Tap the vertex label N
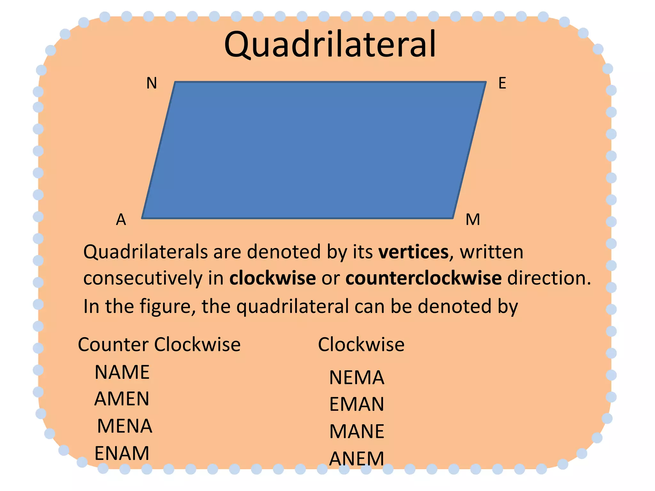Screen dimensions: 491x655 [x=152, y=83]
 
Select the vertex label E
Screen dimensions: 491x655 [x=502, y=83]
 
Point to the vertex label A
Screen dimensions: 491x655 [x=121, y=220]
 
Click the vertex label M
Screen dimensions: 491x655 [x=473, y=220]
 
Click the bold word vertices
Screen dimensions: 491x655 [x=414, y=252]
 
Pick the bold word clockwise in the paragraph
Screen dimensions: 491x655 [x=272, y=278]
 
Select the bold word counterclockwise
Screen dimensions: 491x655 [x=423, y=278]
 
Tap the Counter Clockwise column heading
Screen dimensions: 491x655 [x=159, y=345]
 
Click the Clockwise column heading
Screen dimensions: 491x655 [x=361, y=345]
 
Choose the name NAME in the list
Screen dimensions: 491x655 [x=122, y=372]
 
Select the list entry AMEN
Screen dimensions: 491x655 [x=122, y=399]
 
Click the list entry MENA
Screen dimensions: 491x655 [x=125, y=426]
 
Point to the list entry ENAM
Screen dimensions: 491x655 [x=122, y=453]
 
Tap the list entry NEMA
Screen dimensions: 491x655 [x=357, y=378]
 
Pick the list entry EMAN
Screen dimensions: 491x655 [x=357, y=404]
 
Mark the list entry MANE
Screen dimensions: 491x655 [x=357, y=432]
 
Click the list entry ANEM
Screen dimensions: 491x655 [x=357, y=459]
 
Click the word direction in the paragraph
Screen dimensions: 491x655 [x=549, y=278]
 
